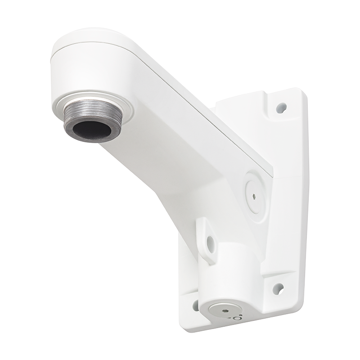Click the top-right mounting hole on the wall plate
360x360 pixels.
click(281, 108)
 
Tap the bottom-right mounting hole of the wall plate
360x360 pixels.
click(278, 288)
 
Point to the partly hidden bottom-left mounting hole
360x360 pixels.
click(196, 305)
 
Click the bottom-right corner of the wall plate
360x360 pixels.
click(301, 297)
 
